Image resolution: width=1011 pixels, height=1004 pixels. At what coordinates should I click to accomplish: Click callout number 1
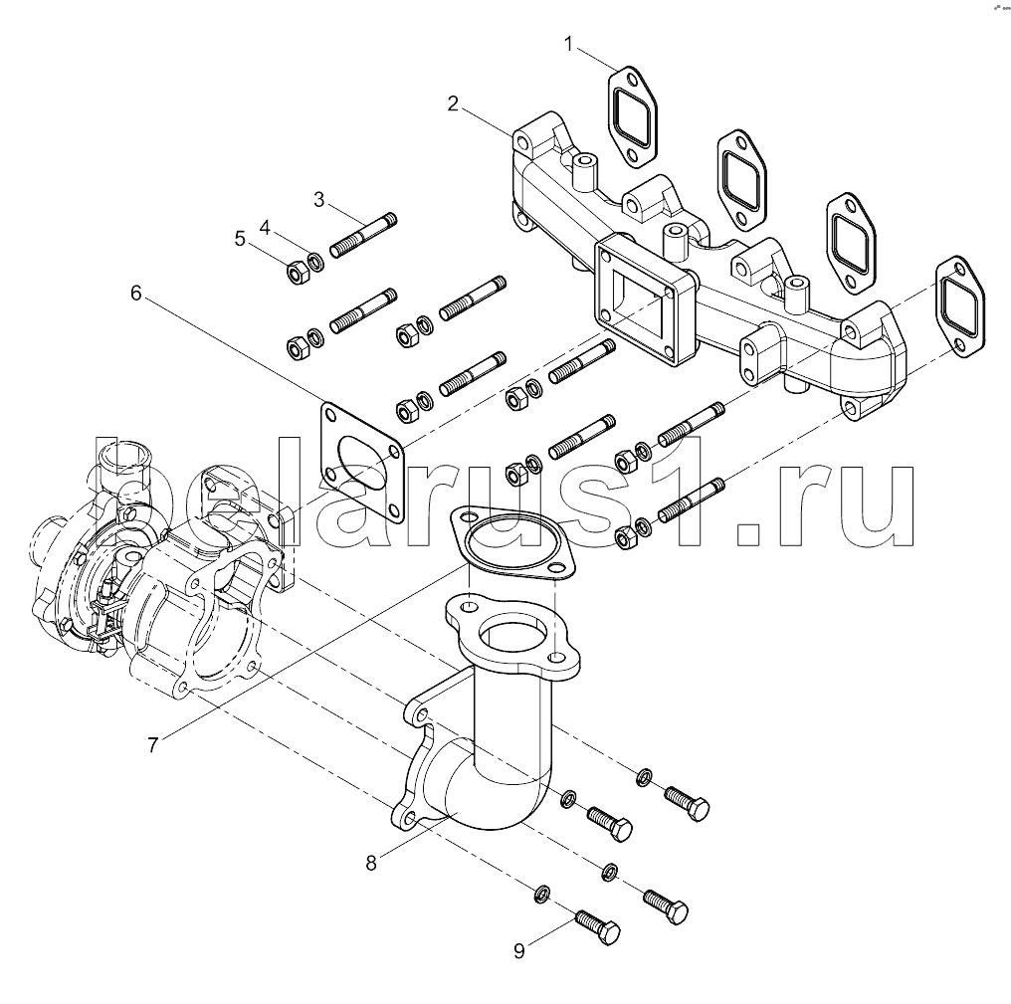tap(569, 44)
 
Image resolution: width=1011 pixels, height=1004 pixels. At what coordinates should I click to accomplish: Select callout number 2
tap(453, 103)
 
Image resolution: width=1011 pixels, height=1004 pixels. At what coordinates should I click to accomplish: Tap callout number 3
tap(319, 199)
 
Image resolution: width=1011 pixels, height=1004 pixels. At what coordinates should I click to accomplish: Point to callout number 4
tap(265, 227)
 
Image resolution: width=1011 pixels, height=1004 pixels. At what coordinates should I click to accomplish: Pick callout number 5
tap(239, 238)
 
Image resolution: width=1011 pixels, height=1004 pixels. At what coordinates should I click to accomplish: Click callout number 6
tap(136, 293)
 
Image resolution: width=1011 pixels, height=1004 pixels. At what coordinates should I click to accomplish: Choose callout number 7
tap(152, 744)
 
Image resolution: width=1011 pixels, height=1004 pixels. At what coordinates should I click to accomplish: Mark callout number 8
tap(371, 864)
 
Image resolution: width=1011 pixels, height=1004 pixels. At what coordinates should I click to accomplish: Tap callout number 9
tap(518, 951)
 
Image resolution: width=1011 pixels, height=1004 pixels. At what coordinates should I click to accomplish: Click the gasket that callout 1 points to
tap(629, 111)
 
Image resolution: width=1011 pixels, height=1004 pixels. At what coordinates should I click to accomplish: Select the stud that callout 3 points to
tap(363, 236)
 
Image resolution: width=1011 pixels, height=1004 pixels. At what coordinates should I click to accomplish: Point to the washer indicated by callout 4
tap(315, 263)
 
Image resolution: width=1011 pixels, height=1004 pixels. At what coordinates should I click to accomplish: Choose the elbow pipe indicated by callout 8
tap(498, 736)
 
